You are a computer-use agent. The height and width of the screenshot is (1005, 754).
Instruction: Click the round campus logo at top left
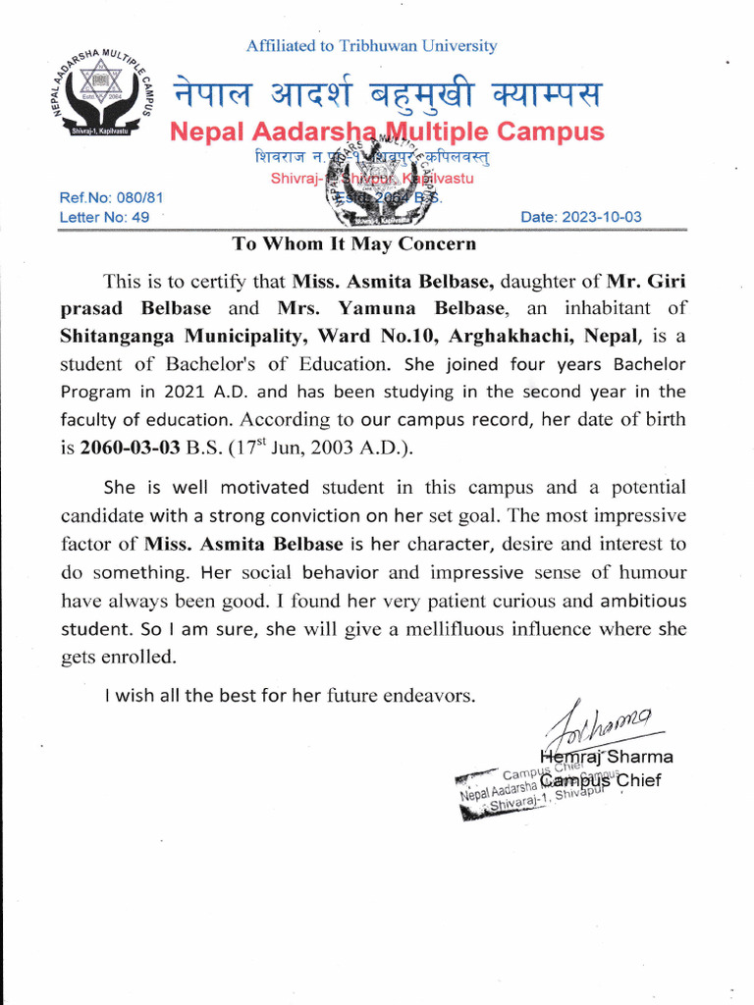click(94, 96)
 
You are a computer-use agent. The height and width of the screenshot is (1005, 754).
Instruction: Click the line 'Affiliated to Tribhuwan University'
click(371, 46)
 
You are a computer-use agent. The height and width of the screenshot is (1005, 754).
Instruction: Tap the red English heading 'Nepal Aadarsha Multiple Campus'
click(388, 132)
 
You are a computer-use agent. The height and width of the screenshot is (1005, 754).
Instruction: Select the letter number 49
click(139, 217)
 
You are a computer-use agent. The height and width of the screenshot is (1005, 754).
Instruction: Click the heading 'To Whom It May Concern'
click(354, 243)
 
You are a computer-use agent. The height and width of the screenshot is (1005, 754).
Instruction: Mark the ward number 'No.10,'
click(405, 336)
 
